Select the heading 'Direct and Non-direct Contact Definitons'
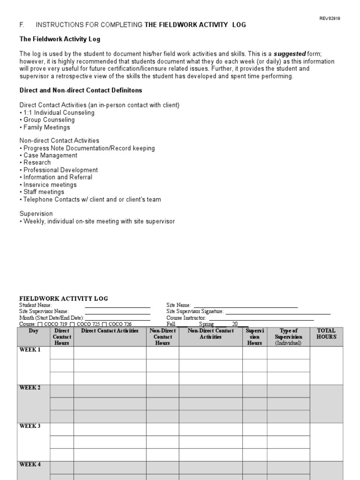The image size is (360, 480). (x=81, y=90)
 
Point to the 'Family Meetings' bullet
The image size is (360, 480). (x=46, y=127)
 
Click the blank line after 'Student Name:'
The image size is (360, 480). (x=117, y=306)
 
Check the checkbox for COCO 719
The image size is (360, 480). (x=40, y=324)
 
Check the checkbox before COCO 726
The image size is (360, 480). (x=105, y=324)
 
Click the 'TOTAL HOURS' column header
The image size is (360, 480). (x=326, y=334)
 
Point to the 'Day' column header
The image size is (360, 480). (x=33, y=331)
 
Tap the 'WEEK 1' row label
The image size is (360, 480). (x=30, y=350)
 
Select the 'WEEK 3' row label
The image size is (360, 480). (x=30, y=426)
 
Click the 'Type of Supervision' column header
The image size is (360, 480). (x=288, y=334)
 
